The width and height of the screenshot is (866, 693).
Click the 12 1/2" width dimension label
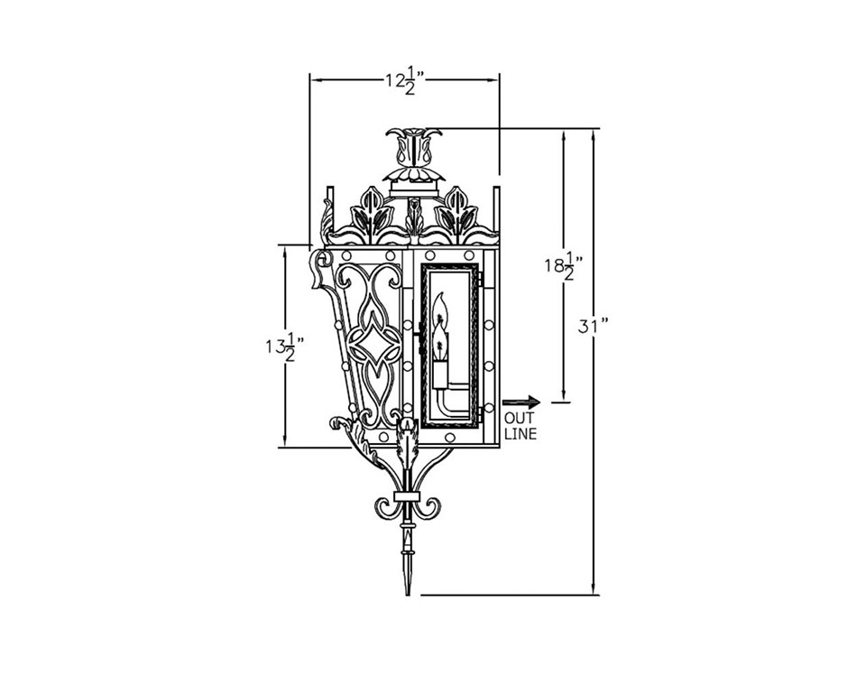pyautogui.click(x=405, y=79)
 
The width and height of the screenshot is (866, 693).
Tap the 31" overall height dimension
pyautogui.click(x=594, y=327)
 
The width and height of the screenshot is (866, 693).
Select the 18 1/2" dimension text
pyautogui.click(x=564, y=267)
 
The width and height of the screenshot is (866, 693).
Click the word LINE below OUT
pyautogui.click(x=520, y=434)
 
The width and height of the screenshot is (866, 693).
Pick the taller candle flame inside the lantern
pyautogui.click(x=440, y=309)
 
